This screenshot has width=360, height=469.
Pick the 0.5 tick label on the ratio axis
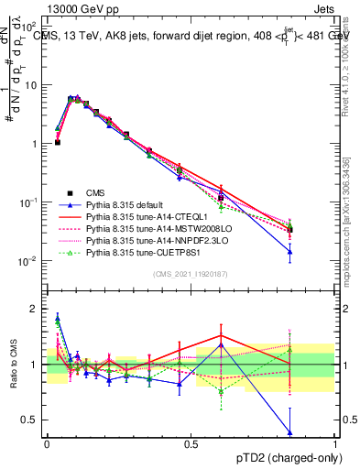(33, 420)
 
